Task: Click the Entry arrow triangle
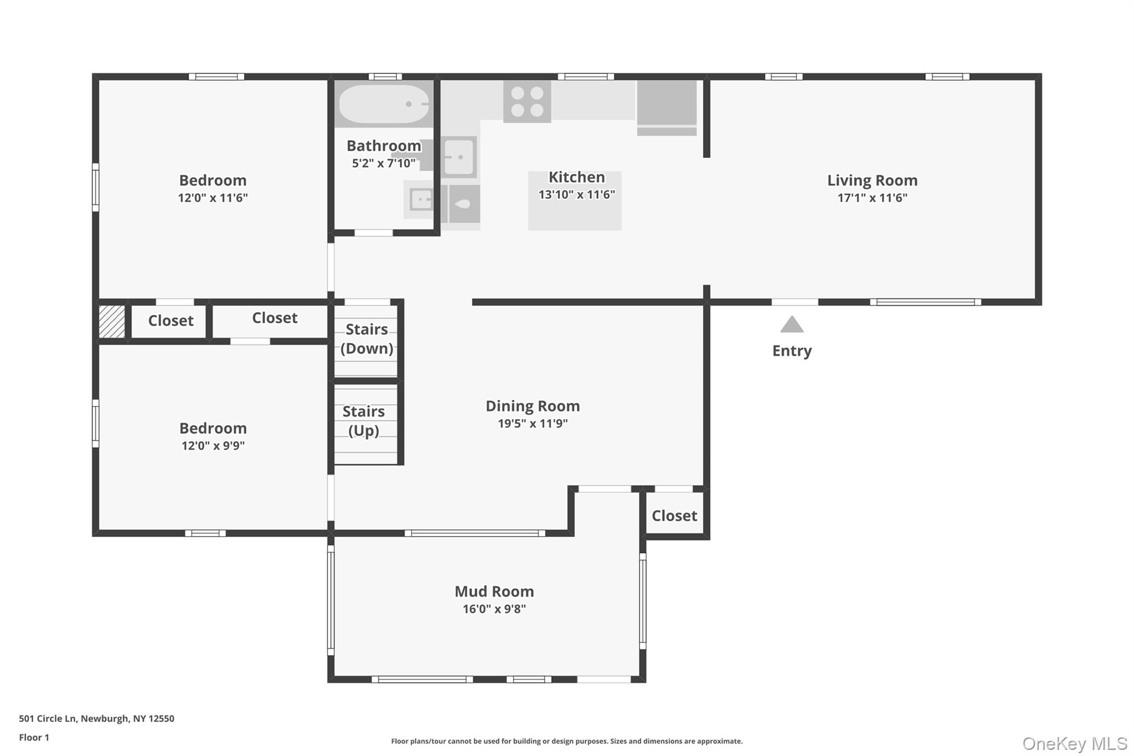(792, 326)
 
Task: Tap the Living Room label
(872, 181)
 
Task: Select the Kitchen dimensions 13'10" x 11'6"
(576, 194)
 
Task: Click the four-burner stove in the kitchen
(527, 101)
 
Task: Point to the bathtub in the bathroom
(384, 104)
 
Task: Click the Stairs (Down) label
(367, 338)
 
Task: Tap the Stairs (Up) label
(363, 420)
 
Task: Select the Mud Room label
(494, 592)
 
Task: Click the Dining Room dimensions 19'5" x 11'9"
(532, 424)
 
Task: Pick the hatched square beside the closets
(111, 321)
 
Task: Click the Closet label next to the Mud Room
(674, 516)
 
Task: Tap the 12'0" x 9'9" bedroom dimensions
(213, 446)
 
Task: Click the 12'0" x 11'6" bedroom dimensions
(213, 198)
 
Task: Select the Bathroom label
(384, 146)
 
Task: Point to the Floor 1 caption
(34, 737)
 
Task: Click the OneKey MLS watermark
(1074, 743)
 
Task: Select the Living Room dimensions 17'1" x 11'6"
(872, 198)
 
